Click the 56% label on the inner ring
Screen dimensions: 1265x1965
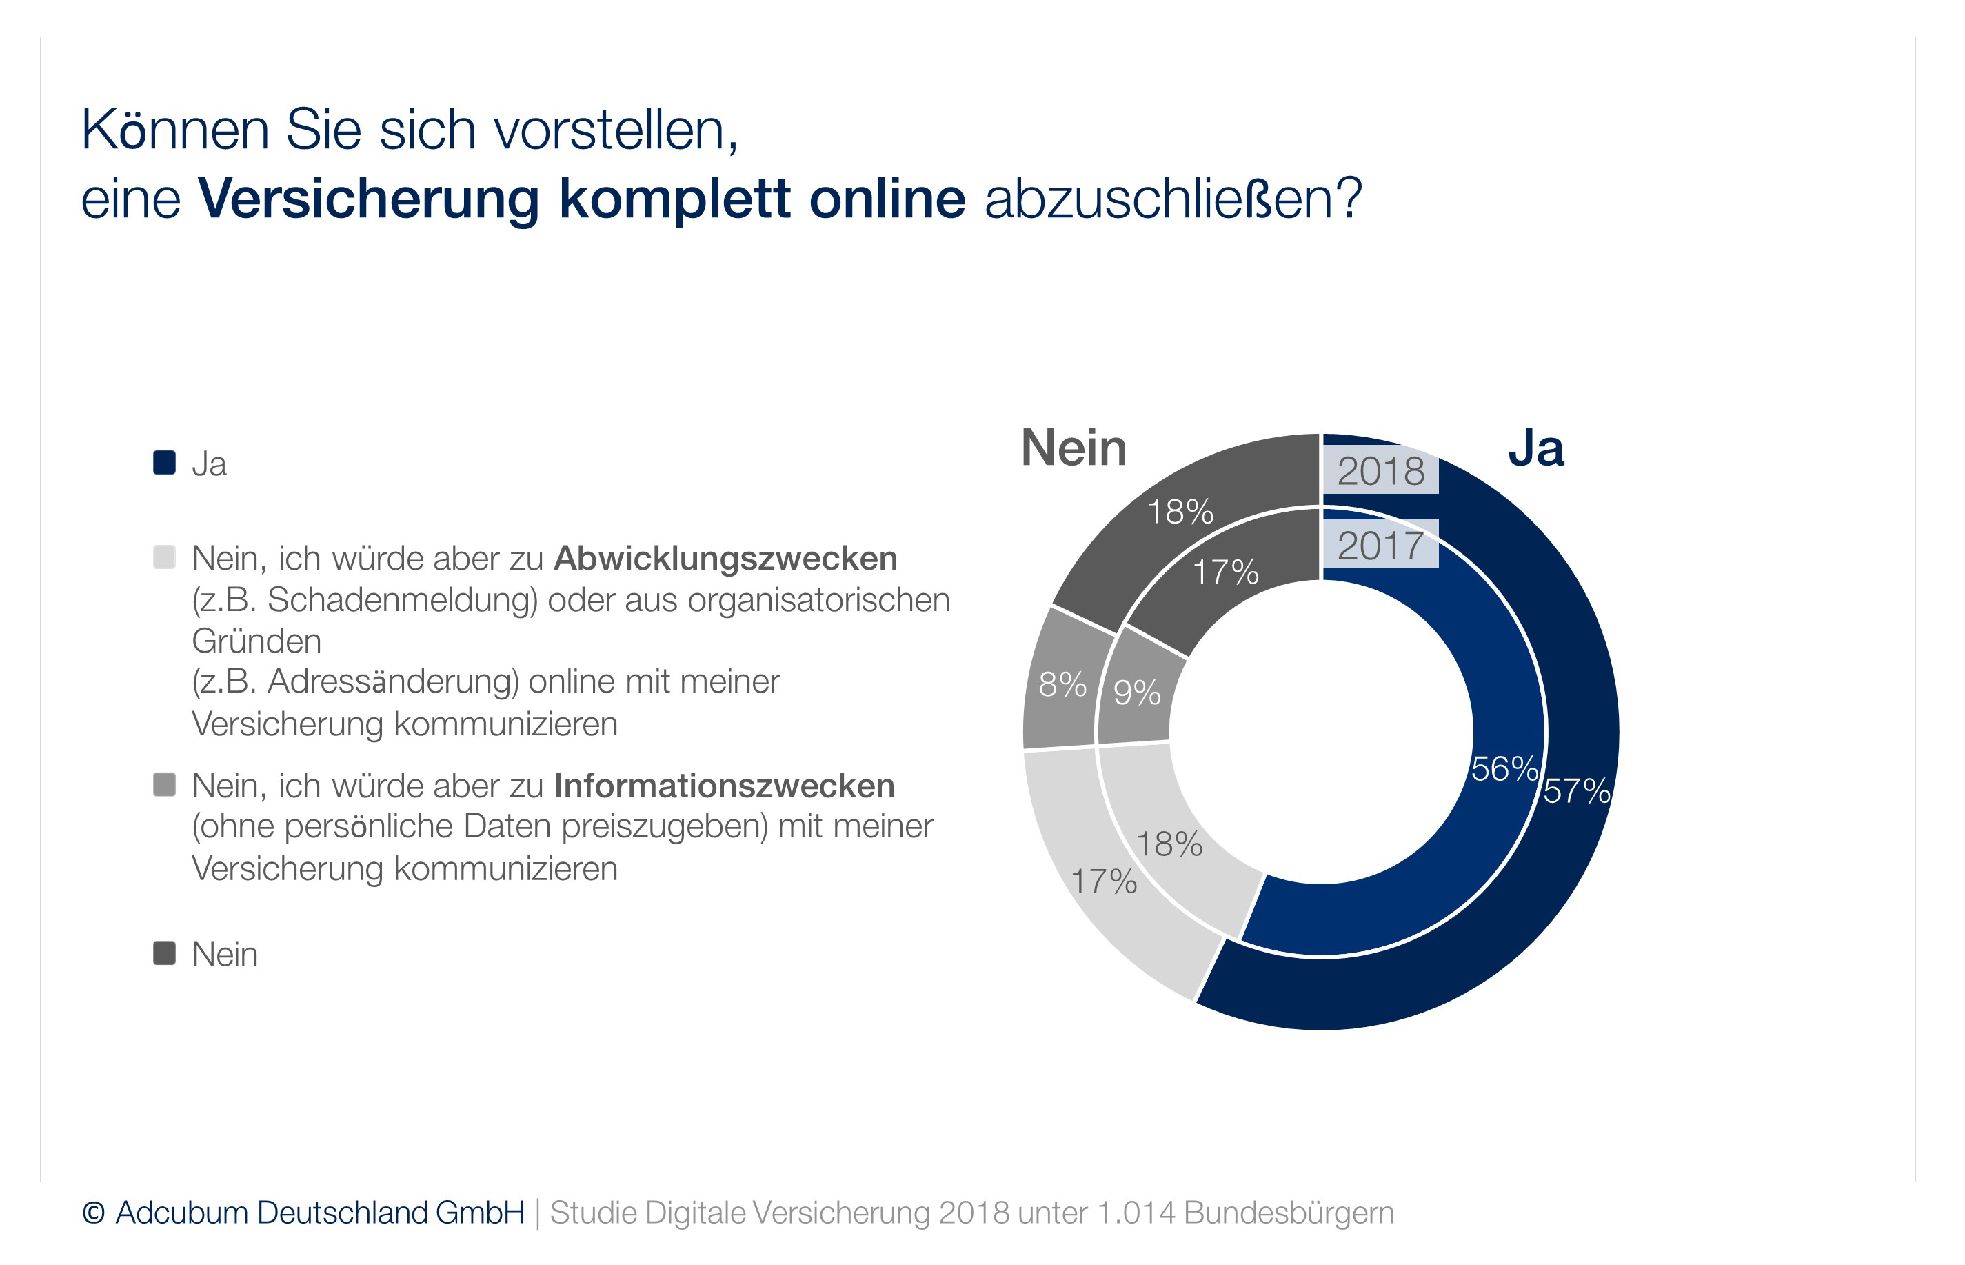click(x=1504, y=769)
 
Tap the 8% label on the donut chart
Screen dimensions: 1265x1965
click(x=1062, y=684)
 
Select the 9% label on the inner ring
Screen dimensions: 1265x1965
click(x=1136, y=693)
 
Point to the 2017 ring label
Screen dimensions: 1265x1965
click(x=1380, y=546)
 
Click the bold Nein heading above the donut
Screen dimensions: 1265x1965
click(x=1074, y=448)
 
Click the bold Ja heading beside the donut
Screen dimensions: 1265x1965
click(x=1535, y=448)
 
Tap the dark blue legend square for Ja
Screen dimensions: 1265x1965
click(x=164, y=462)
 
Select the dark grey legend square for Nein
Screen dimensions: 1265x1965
click(x=164, y=953)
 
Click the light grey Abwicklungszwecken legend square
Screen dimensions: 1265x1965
click(x=164, y=557)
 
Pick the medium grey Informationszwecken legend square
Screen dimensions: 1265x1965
click(x=164, y=784)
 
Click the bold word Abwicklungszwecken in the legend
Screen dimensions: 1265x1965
click(x=725, y=559)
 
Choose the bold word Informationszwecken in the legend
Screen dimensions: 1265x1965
click(x=724, y=786)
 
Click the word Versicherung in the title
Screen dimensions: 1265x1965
click(x=369, y=199)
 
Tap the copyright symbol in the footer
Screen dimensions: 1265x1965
click(x=94, y=1213)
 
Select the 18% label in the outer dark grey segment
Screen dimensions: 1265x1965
click(x=1180, y=512)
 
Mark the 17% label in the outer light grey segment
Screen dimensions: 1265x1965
click(x=1104, y=881)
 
